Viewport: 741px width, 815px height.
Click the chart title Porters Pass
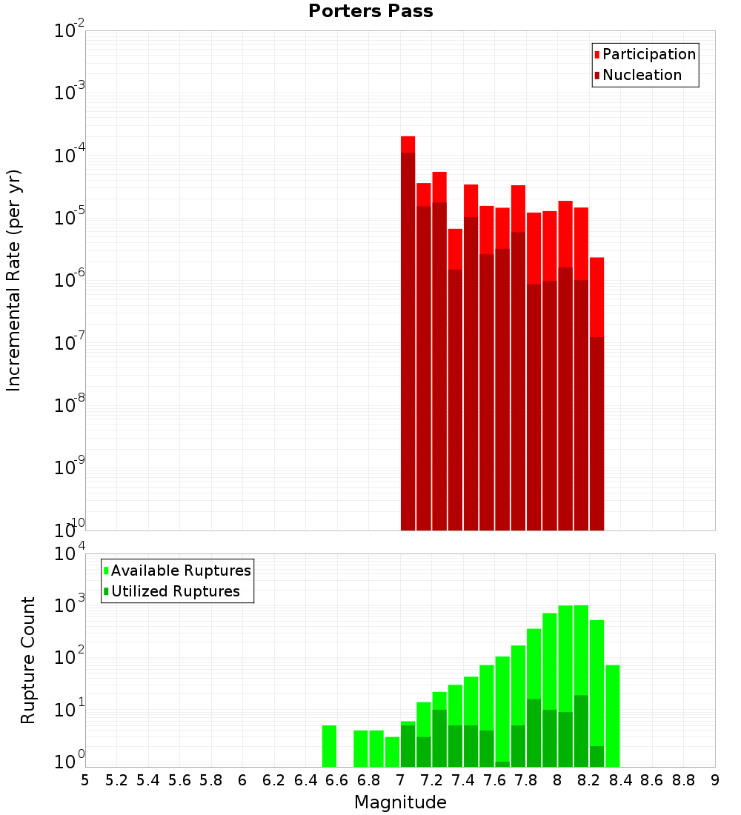point(370,11)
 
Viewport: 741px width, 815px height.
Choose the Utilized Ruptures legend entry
point(175,591)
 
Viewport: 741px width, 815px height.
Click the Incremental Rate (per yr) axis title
point(14,280)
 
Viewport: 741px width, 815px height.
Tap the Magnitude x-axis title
point(400,802)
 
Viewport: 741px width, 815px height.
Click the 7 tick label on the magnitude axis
point(400,780)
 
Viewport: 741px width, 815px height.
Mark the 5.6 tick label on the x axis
point(179,780)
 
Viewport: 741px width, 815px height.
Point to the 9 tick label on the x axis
point(714,780)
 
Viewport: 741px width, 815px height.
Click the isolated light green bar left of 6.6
point(329,746)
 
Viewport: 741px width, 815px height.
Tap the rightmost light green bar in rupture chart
point(612,715)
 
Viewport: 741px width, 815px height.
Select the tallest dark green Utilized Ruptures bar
point(581,730)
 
